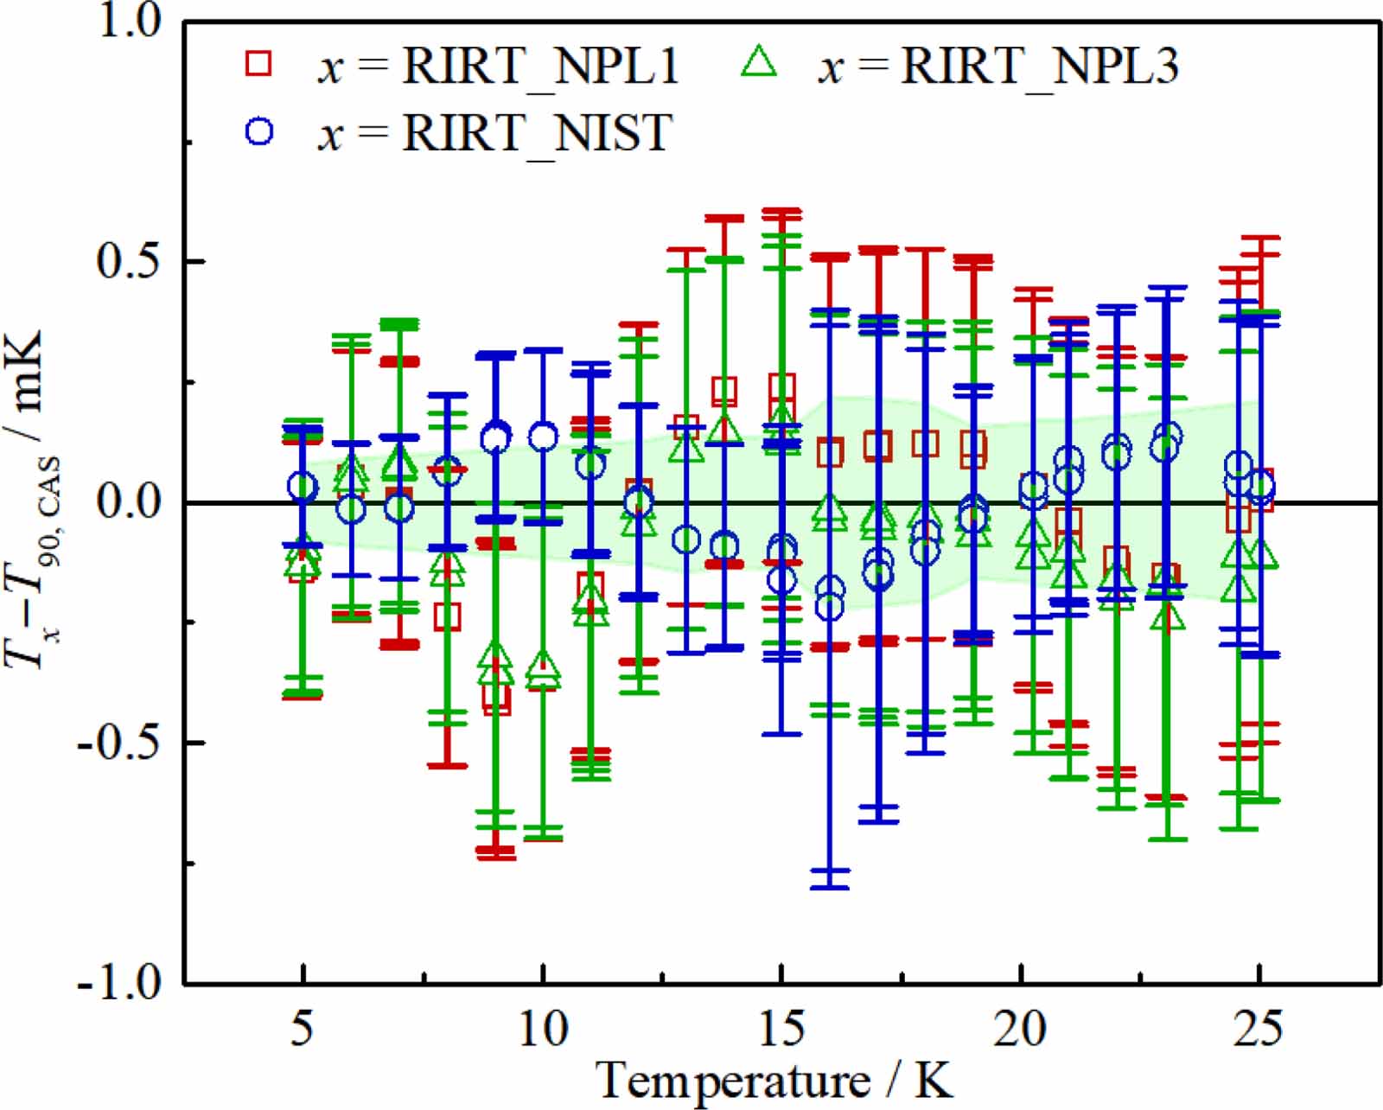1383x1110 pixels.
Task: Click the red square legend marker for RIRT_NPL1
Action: coord(259,63)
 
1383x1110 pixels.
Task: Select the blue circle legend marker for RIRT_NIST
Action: coord(259,131)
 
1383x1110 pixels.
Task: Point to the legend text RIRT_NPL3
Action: coord(1040,66)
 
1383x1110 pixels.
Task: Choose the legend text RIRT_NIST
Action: coord(537,133)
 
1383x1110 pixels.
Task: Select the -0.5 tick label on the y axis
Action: coord(121,743)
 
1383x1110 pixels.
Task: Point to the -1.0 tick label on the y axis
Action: coord(121,983)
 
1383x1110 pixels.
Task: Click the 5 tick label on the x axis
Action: coord(302,1030)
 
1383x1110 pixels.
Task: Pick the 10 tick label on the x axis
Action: coord(543,1030)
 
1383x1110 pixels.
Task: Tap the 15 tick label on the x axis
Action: coord(781,1030)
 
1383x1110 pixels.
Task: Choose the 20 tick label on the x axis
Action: coord(1021,1030)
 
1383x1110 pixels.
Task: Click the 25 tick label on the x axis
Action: coord(1259,1030)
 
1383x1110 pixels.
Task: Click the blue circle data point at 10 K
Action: coord(543,437)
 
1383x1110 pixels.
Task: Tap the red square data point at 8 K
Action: coord(447,616)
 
